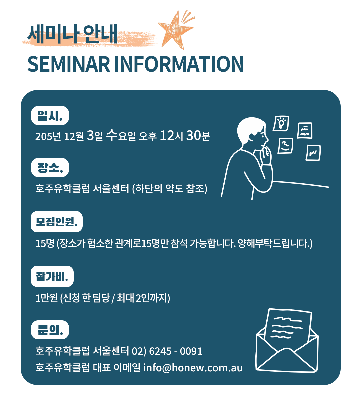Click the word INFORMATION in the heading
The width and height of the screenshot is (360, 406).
coord(179,64)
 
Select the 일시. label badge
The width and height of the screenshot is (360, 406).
coord(50,115)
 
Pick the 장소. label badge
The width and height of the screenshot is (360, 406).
coord(50,168)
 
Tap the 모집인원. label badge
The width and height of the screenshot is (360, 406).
coord(57,222)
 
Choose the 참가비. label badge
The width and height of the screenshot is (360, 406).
coord(52,276)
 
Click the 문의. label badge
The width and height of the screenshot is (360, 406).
coord(50,330)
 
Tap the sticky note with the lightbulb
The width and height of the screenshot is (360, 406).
coord(281,123)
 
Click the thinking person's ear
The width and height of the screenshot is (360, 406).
coord(252,137)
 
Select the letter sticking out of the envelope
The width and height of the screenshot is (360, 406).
coord(288,325)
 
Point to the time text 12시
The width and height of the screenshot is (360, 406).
coord(172,135)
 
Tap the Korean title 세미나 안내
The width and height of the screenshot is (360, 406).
coord(72,34)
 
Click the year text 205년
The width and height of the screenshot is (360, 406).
coord(48,136)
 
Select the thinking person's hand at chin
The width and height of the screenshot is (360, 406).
coord(266,155)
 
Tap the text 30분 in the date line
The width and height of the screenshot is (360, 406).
coord(198,135)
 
